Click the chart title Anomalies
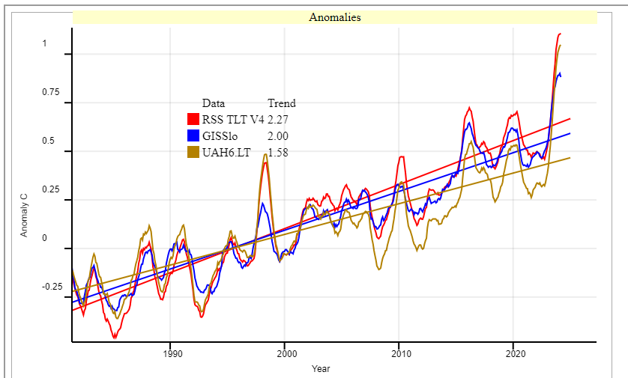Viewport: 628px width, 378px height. [x=335, y=17]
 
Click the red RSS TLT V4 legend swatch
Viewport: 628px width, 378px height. [x=193, y=119]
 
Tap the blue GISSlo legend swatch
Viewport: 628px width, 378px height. [x=193, y=135]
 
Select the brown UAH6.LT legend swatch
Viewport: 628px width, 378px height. [x=193, y=152]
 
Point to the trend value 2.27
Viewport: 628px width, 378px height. [x=278, y=119]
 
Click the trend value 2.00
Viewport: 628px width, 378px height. [x=278, y=135]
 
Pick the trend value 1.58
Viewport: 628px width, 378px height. [x=278, y=152]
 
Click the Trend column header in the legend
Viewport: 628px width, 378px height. [x=282, y=103]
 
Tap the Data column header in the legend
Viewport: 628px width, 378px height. [x=214, y=103]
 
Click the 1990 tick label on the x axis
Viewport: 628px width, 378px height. [x=171, y=353]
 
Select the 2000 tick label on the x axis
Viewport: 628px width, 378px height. [x=286, y=353]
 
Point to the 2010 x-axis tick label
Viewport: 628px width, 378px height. [x=400, y=353]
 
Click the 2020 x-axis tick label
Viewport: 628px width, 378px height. [x=515, y=353]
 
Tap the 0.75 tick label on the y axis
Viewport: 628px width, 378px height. [x=50, y=92]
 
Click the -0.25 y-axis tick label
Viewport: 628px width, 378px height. [x=52, y=287]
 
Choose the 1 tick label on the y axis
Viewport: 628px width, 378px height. [x=44, y=43]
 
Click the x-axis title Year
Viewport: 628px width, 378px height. [x=321, y=368]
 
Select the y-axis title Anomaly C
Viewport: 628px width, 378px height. [x=24, y=215]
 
